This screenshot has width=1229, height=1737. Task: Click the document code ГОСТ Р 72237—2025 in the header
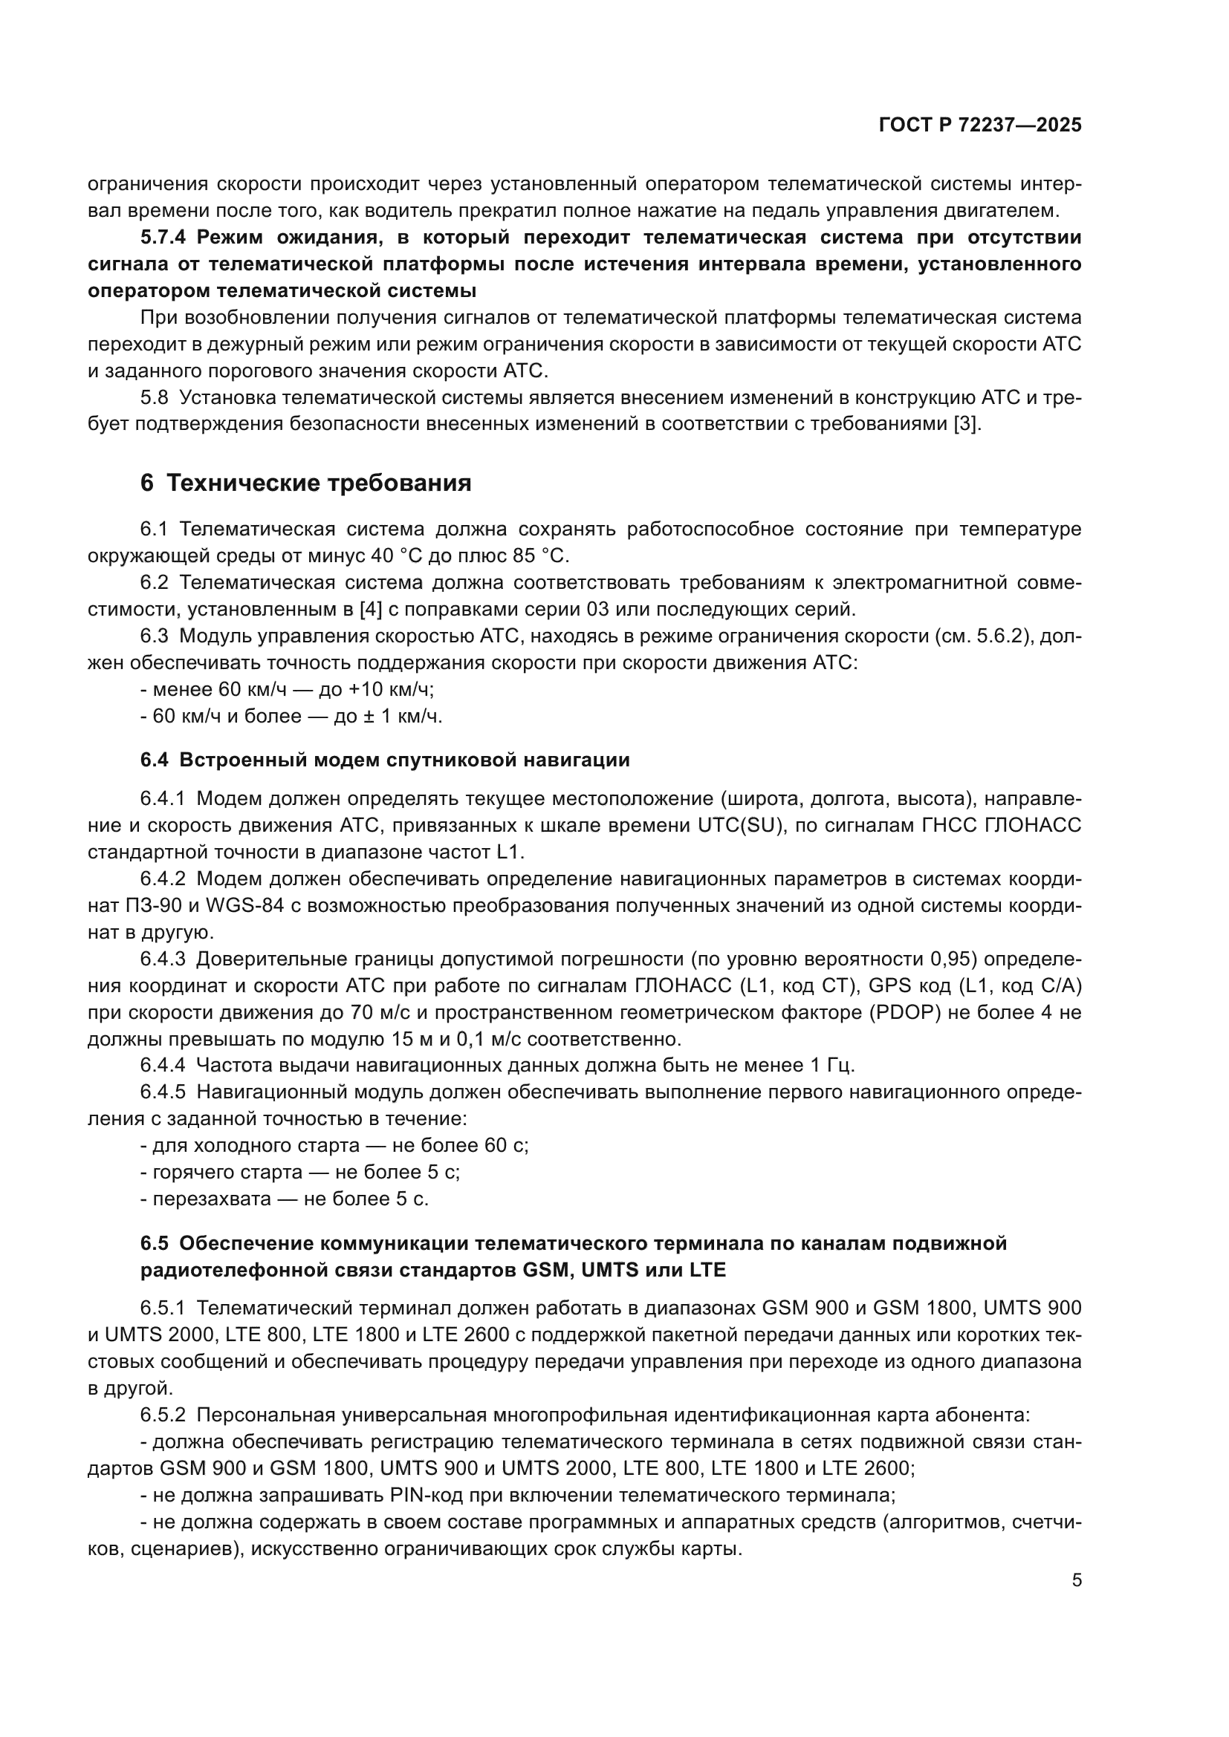[980, 126]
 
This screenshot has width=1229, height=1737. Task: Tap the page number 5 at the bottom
[1076, 1580]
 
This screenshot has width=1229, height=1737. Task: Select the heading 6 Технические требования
[305, 483]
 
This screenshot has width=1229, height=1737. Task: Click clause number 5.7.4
[163, 238]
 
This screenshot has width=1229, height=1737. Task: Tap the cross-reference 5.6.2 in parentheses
[998, 636]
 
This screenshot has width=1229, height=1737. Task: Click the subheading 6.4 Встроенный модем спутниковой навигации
[385, 760]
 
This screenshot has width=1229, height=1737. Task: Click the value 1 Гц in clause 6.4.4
[831, 1065]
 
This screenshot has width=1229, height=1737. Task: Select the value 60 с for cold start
[505, 1145]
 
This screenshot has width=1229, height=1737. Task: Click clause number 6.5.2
[163, 1415]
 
